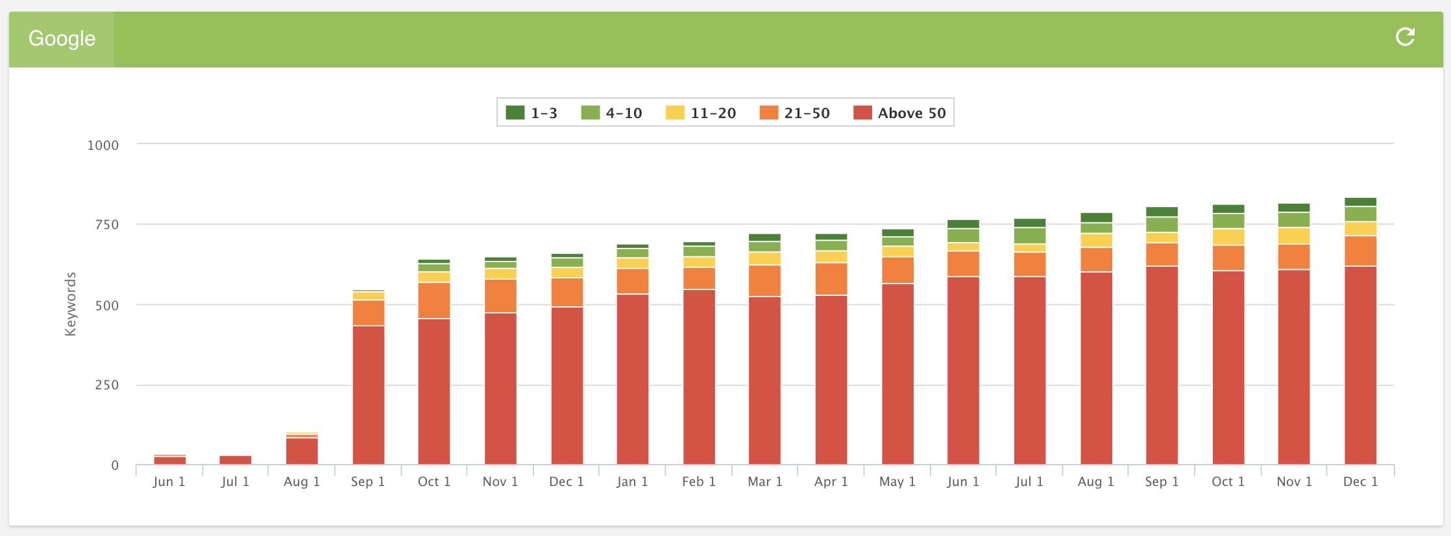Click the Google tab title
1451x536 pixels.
point(62,39)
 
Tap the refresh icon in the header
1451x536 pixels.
point(1405,37)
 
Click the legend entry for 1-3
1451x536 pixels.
point(531,113)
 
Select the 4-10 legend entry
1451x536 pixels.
point(611,113)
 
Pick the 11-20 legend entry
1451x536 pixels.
point(701,113)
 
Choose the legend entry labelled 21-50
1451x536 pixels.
point(794,113)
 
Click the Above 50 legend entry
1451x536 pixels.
point(899,113)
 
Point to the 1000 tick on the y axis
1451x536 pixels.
point(103,145)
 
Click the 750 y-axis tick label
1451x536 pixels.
point(106,225)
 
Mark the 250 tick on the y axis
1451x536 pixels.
point(106,385)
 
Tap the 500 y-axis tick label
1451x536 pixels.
point(106,306)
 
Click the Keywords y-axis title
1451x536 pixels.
point(70,304)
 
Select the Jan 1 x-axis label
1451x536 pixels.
point(632,481)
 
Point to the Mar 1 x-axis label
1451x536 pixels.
point(764,481)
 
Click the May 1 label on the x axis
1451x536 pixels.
point(897,481)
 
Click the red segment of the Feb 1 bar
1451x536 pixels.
point(699,376)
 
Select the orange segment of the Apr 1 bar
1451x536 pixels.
point(831,279)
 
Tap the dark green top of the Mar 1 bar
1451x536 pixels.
point(764,238)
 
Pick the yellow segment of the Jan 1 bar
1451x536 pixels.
point(632,263)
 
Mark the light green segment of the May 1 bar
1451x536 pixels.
point(897,241)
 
